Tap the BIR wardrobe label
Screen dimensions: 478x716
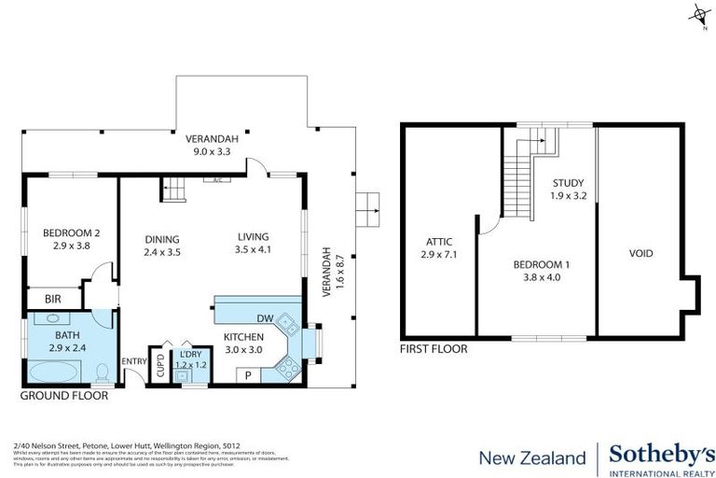pos(54,300)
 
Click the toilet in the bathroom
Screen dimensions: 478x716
pos(104,373)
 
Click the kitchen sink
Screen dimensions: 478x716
pos(291,328)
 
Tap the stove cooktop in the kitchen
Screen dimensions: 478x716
pos(288,368)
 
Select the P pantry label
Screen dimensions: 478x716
pos(248,375)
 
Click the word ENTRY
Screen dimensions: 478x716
pos(134,361)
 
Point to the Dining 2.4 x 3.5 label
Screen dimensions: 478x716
pos(162,245)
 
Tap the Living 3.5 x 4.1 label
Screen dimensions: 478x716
pos(253,244)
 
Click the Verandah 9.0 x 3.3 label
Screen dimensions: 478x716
pos(212,145)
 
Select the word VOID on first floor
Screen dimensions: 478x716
pos(640,254)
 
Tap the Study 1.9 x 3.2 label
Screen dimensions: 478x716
pos(568,189)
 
